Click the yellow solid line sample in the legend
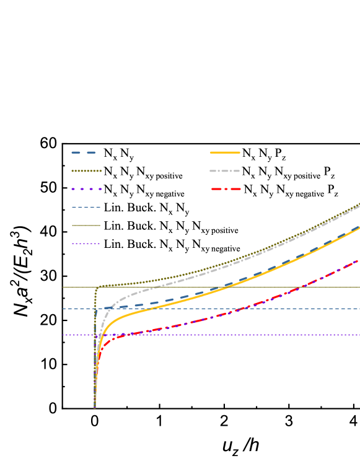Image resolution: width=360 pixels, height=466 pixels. point(225,152)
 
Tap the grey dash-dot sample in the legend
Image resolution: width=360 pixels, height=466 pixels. point(224,171)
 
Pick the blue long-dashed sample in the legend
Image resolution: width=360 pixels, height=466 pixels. point(84,152)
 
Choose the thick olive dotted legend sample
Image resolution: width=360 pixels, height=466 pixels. point(86,171)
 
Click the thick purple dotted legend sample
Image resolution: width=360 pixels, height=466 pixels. point(86,189)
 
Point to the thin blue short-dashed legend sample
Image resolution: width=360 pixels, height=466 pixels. point(86,207)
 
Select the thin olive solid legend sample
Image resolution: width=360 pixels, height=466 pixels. point(86,226)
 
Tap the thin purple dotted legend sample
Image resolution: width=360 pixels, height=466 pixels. point(86,244)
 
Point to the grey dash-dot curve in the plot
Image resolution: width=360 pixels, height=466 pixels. point(186,278)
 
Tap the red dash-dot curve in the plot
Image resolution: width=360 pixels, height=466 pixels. point(186,323)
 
